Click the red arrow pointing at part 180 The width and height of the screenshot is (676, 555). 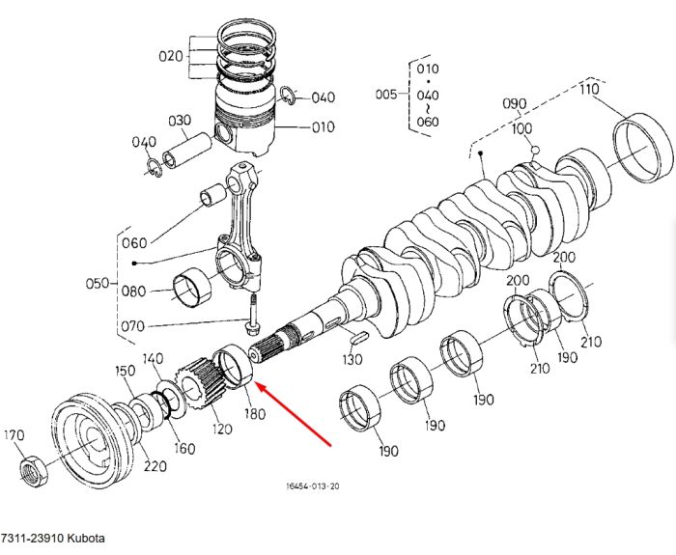(295, 414)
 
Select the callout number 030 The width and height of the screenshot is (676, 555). (180, 121)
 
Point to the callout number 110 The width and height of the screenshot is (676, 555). (589, 89)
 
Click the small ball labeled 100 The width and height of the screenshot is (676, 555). (535, 150)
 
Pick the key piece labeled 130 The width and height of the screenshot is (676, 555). (358, 338)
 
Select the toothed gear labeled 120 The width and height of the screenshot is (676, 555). (202, 381)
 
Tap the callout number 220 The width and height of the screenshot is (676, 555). (155, 466)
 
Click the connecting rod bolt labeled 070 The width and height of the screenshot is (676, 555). (253, 315)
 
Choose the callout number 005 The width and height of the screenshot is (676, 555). (386, 94)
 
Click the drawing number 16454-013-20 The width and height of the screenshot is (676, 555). (313, 486)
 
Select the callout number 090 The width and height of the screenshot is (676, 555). (515, 104)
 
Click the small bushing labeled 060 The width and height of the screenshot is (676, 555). (212, 194)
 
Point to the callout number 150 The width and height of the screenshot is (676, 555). (125, 371)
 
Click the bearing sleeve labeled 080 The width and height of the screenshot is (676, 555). (192, 288)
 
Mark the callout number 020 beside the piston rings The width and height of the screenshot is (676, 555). (171, 56)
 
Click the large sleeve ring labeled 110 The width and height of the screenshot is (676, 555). (642, 148)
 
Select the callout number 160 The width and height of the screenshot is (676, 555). (184, 449)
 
